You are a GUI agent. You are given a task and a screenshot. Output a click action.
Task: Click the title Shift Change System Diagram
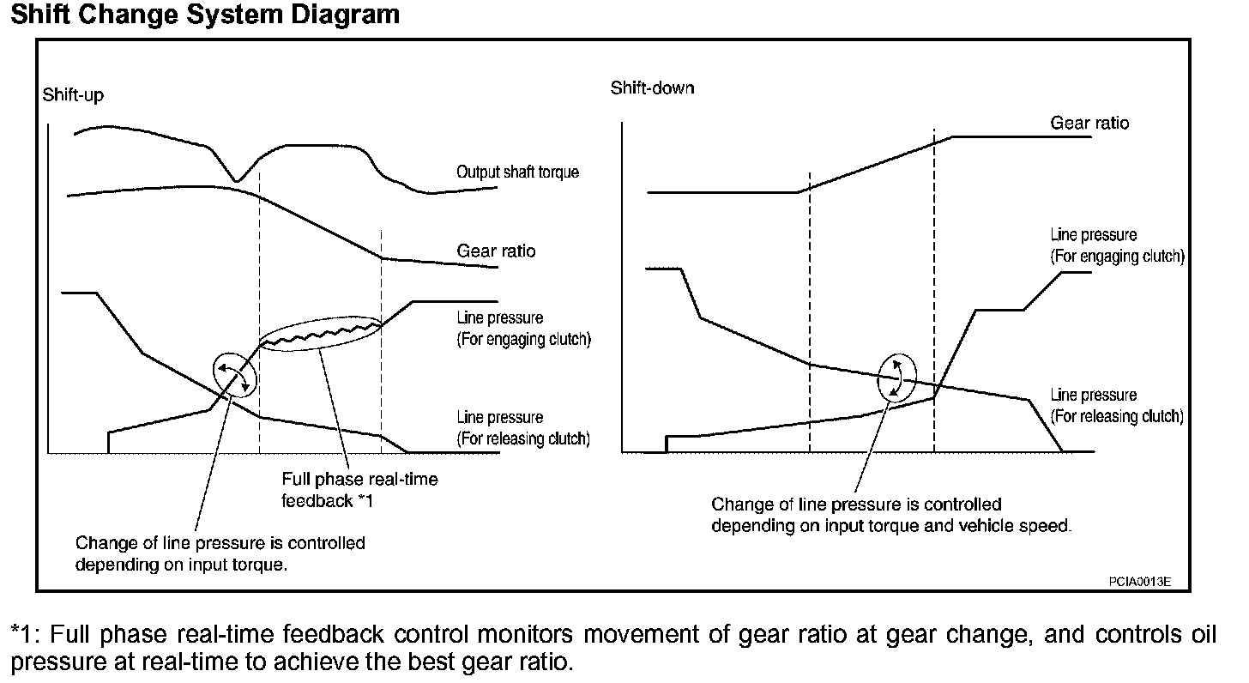(x=205, y=15)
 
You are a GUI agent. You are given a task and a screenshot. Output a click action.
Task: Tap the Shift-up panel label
(x=73, y=95)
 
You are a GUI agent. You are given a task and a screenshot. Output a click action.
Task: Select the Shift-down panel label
(x=652, y=88)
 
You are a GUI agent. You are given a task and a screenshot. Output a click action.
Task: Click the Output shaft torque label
(x=517, y=172)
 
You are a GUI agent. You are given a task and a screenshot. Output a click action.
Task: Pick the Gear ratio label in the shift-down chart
(x=1089, y=124)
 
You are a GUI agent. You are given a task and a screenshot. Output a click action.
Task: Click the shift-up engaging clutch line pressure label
(x=523, y=329)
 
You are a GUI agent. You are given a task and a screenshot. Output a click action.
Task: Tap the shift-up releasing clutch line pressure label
(x=523, y=428)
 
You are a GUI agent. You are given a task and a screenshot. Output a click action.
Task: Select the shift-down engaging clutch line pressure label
(x=1117, y=245)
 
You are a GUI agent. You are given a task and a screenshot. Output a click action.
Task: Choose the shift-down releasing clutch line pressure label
(x=1117, y=406)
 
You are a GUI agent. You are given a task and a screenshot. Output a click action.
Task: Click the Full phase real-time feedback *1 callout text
(x=359, y=489)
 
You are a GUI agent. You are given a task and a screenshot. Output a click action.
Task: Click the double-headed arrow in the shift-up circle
(x=234, y=375)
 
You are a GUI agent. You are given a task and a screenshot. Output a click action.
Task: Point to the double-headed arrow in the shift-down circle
(x=896, y=378)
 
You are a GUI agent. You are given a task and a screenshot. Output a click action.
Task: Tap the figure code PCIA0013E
(x=1139, y=582)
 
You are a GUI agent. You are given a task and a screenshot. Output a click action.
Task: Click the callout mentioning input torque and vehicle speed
(x=891, y=515)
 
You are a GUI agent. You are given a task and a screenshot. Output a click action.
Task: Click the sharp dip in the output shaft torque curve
(x=238, y=179)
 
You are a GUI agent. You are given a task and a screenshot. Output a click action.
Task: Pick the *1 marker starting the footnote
(x=25, y=636)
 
